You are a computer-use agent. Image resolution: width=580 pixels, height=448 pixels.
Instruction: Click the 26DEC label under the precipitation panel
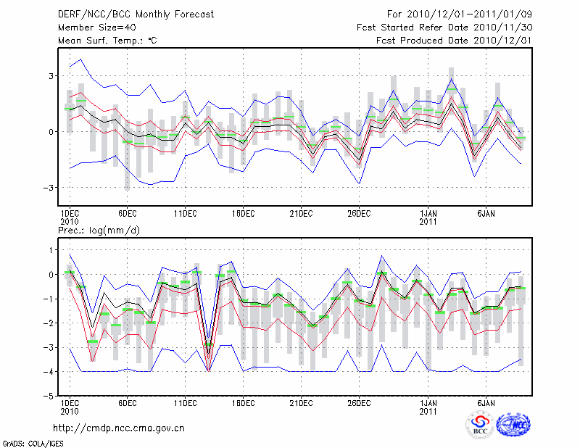coord(359,403)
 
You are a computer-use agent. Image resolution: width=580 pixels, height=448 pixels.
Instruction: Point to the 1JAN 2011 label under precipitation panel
coord(428,407)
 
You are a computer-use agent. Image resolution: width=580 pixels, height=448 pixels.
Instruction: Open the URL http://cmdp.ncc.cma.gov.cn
coord(120,428)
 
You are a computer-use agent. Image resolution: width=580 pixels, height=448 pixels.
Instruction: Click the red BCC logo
coord(480,426)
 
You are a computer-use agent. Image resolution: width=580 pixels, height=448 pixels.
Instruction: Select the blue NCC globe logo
coord(513,426)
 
